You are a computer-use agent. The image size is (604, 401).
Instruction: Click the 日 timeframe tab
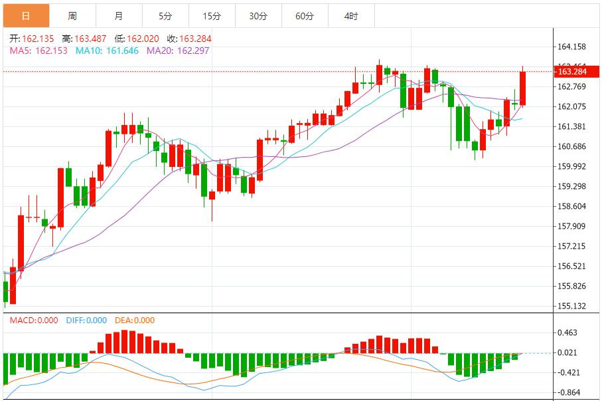26,15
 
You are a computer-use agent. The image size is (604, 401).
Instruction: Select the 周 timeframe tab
72,15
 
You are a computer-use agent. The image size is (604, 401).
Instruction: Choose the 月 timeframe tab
119,15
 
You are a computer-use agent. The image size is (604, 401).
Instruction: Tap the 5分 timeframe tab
165,15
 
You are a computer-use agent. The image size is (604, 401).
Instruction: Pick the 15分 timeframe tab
212,15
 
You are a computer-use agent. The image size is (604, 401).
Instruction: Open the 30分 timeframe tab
258,15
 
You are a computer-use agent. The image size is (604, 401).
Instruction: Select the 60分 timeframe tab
305,15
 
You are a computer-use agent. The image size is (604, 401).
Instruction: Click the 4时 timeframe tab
351,15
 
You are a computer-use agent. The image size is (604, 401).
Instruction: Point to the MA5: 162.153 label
38,51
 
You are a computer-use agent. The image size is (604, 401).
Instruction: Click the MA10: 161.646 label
107,51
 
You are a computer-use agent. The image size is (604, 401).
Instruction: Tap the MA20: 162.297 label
178,51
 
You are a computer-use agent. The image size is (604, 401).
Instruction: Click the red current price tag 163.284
573,71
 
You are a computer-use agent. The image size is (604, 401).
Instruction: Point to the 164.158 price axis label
572,47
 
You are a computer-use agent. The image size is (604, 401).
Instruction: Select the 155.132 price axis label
572,306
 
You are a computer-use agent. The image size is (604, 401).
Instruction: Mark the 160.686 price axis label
572,146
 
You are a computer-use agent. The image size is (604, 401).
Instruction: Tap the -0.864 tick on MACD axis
569,392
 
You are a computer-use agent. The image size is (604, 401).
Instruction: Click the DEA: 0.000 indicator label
135,321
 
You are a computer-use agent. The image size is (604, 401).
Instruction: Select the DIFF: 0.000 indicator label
86,321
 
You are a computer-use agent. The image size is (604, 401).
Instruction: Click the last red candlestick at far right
523,88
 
